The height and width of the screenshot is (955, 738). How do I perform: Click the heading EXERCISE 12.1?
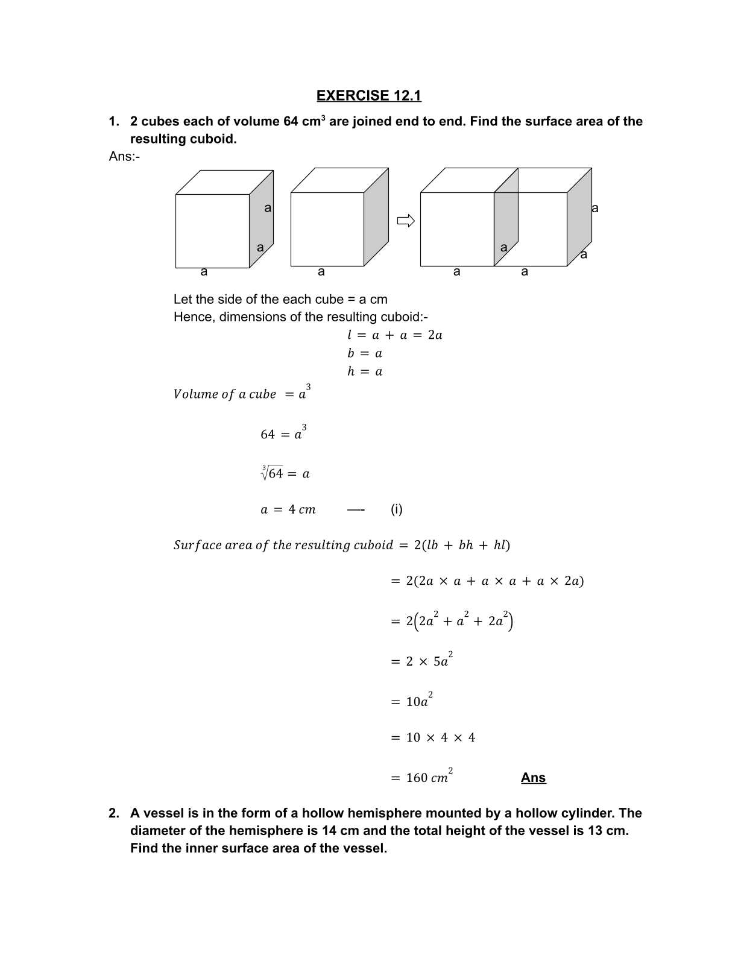(368, 95)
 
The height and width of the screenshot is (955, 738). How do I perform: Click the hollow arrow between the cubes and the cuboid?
(406, 221)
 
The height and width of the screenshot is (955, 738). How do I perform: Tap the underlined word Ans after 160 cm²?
(533, 777)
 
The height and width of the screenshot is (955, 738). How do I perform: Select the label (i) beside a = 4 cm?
(396, 509)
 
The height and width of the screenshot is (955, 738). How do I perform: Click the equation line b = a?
(364, 353)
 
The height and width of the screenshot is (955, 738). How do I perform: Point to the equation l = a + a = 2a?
(394, 335)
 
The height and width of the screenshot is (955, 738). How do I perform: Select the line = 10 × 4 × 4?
(432, 737)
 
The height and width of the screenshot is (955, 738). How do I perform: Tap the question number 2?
(113, 813)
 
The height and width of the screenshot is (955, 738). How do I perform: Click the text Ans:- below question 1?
(124, 156)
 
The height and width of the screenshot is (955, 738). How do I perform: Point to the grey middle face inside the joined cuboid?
(506, 226)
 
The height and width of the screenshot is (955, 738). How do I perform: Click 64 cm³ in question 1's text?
(304, 121)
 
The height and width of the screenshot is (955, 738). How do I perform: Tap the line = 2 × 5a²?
(421, 661)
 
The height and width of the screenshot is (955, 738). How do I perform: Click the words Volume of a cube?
(224, 394)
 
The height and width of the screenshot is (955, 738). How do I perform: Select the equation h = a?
(364, 371)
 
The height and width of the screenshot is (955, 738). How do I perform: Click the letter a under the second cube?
(321, 272)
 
